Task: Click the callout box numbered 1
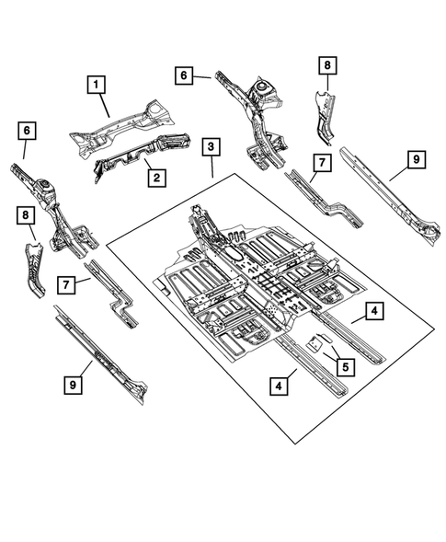pyautogui.click(x=96, y=85)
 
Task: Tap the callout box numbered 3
pyautogui.click(x=212, y=147)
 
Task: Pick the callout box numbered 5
pyautogui.click(x=345, y=365)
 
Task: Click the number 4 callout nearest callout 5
pyautogui.click(x=373, y=312)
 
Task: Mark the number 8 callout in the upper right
pyautogui.click(x=327, y=65)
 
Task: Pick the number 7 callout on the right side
pyautogui.click(x=319, y=163)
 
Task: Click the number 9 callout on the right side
pyautogui.click(x=416, y=160)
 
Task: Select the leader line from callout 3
pyautogui.click(x=212, y=166)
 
